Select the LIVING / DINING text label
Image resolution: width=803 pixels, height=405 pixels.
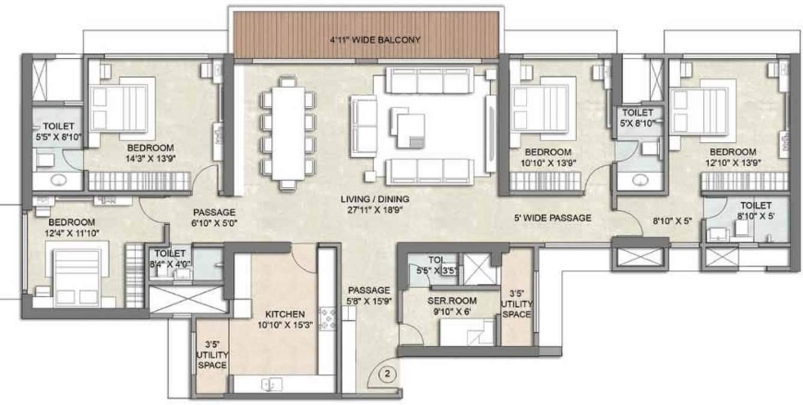pyautogui.click(x=374, y=199)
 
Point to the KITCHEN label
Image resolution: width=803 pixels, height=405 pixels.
pyautogui.click(x=285, y=314)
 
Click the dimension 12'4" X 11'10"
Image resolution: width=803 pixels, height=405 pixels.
pyautogui.click(x=73, y=233)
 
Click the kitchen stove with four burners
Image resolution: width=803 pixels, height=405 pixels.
pyautogui.click(x=328, y=318)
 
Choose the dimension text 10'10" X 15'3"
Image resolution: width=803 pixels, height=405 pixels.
pyautogui.click(x=285, y=326)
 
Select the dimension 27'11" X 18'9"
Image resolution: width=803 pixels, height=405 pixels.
pyautogui.click(x=374, y=210)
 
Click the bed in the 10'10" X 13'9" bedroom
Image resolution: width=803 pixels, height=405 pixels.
pyautogui.click(x=539, y=108)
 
